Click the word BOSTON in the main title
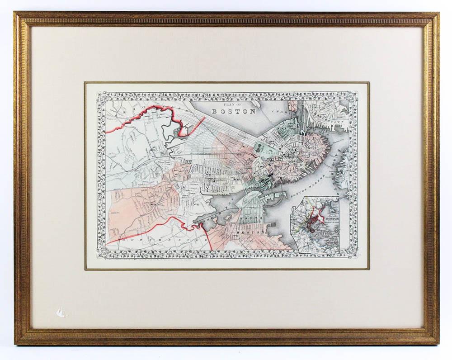pos(234,111)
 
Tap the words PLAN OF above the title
pos(233,104)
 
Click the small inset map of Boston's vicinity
pos(316,224)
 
